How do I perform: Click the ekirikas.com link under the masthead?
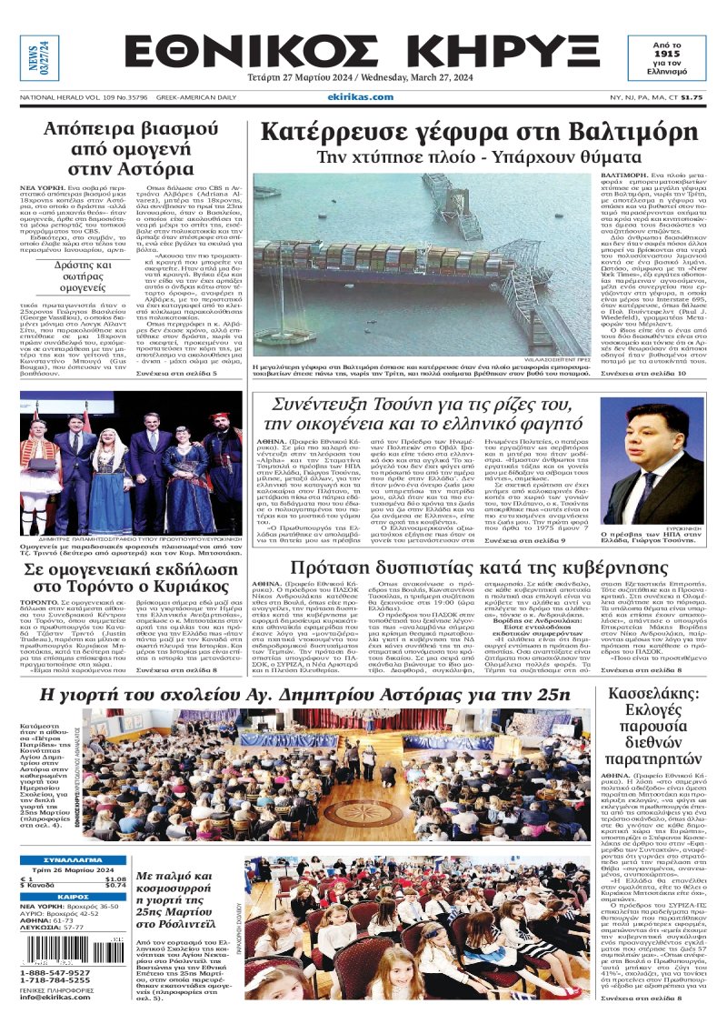pos(362,96)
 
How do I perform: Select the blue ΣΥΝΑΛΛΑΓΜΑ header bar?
pos(73,860)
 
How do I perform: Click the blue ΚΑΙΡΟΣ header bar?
pos(73,897)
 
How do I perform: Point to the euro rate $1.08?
pos(115,878)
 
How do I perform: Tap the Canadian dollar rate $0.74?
pos(115,885)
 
